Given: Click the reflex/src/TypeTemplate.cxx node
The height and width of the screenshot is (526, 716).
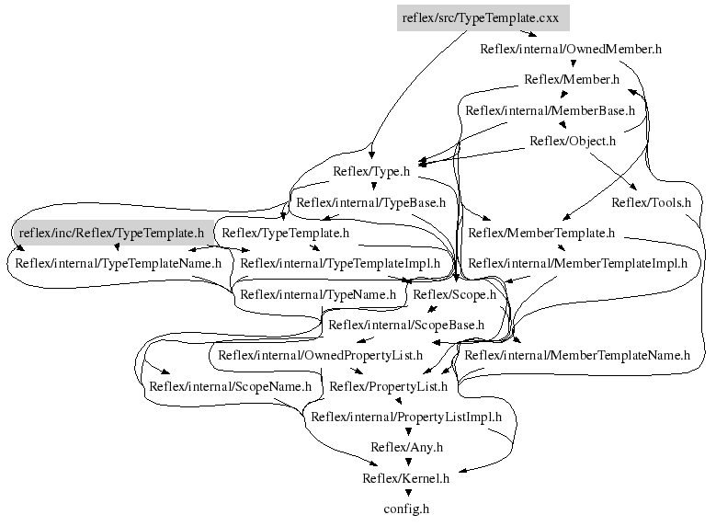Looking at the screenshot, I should (482, 17).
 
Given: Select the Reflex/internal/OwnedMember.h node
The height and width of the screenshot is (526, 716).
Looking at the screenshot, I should (571, 49).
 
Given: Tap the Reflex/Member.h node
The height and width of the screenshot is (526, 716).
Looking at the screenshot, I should (572, 79).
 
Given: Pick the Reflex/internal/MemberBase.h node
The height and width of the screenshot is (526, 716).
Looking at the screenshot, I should (550, 110).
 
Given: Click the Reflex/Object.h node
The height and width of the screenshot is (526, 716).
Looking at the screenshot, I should (573, 141).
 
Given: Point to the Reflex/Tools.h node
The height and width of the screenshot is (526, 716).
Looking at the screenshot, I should (651, 202).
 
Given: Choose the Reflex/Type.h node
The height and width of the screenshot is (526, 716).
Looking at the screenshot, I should (370, 171).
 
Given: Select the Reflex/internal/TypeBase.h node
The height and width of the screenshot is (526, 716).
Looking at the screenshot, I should (371, 202).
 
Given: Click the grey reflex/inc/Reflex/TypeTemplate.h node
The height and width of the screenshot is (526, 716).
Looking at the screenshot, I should (111, 233).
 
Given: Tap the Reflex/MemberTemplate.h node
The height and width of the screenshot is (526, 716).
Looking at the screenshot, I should (541, 233).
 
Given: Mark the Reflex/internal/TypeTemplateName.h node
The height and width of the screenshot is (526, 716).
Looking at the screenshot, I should (119, 264).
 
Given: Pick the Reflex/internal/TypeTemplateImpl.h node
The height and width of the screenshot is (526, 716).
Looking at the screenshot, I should (340, 264).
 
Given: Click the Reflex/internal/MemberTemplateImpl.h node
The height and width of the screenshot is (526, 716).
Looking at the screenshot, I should (577, 264).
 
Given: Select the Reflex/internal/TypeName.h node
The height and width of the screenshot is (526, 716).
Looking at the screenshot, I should (318, 294).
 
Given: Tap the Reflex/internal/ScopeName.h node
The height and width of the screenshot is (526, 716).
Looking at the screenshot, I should (231, 386).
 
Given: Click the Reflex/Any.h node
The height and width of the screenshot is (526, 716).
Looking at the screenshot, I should (407, 448).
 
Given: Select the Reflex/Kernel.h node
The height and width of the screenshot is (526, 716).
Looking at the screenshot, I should (405, 478).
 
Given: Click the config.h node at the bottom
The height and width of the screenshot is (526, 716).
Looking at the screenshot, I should (406, 509).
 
